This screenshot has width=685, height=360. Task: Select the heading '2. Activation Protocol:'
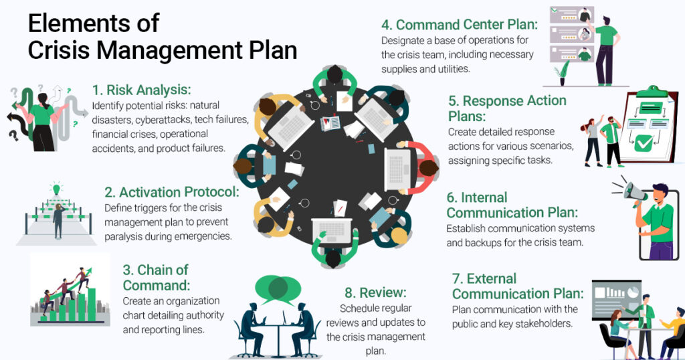[173, 193]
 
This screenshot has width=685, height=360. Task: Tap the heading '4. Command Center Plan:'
[460, 25]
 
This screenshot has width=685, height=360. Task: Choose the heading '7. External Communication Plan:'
[517, 286]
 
